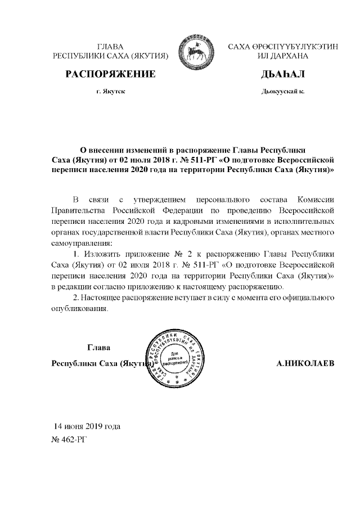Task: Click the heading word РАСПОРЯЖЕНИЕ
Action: (x=110, y=74)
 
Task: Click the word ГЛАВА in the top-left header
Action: (x=110, y=47)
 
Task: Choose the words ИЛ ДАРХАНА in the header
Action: (x=283, y=56)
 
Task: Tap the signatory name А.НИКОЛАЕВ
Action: (x=305, y=363)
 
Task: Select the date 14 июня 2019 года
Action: (x=87, y=426)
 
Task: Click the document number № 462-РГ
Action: (x=70, y=437)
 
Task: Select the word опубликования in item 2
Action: (x=79, y=308)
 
